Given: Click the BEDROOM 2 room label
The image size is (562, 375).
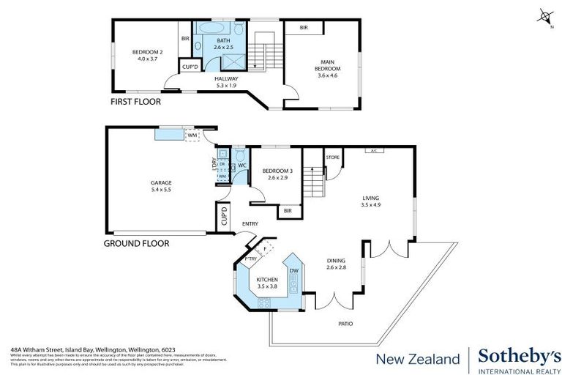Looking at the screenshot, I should click(147, 56).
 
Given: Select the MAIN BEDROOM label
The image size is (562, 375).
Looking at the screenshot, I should click(321, 66).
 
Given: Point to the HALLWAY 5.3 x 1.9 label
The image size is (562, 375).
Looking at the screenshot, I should click(228, 82).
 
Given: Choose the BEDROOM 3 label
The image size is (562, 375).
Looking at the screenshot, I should click(275, 174).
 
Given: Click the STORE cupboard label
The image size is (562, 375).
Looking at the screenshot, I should click(332, 157).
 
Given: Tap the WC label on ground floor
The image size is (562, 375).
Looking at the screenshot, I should click(241, 165).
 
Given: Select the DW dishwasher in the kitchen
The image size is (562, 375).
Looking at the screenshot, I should click(294, 271).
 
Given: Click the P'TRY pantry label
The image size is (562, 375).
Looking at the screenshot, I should click(250, 259).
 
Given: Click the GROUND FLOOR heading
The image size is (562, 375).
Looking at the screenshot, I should click(136, 243).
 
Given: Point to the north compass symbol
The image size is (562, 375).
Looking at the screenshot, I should click(544, 14).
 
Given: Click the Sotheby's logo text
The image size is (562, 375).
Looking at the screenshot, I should click(517, 357).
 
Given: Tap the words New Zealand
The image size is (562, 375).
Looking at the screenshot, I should click(417, 359).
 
